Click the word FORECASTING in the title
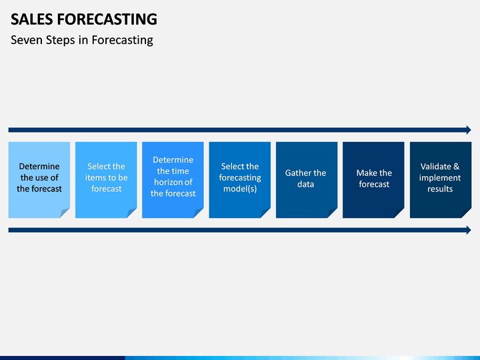pyautogui.click(x=107, y=19)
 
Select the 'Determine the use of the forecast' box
pyautogui.click(x=39, y=180)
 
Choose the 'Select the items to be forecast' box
pyautogui.click(x=106, y=180)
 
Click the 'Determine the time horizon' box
pyautogui.click(x=173, y=180)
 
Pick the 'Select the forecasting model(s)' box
pyautogui.click(x=240, y=180)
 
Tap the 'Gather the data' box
pyautogui.click(x=307, y=180)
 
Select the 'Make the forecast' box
pyautogui.click(x=373, y=180)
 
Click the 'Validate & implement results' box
pyautogui.click(x=441, y=180)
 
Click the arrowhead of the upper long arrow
pyautogui.click(x=469, y=130)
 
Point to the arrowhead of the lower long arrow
pyautogui.click(x=469, y=230)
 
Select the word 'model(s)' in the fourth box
pyautogui.click(x=240, y=189)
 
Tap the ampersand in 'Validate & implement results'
pyautogui.click(x=457, y=167)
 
